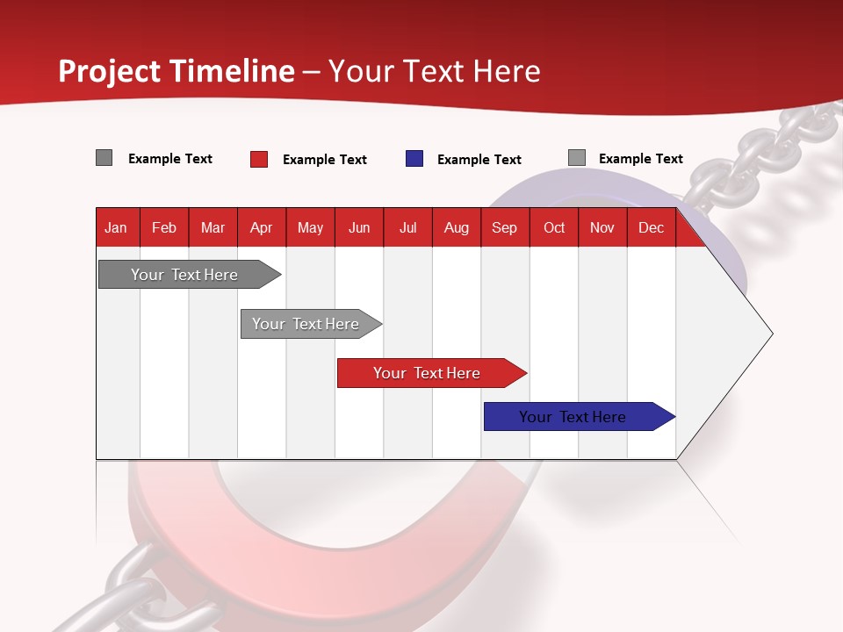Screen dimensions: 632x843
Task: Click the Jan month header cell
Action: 117,227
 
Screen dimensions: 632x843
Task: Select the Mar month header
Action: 213,227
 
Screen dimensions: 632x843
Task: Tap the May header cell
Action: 310,227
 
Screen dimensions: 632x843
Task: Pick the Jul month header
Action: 407,227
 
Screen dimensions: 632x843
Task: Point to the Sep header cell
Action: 504,227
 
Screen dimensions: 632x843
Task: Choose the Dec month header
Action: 651,227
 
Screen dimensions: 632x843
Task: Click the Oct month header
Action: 554,227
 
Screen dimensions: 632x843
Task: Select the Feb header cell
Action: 164,227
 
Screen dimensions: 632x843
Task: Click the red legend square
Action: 259,159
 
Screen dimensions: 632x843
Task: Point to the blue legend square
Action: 414,159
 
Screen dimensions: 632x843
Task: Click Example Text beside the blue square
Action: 479,160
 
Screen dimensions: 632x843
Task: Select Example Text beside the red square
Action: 324,160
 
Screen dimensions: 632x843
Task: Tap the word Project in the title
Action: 109,71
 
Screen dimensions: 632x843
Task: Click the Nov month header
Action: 602,227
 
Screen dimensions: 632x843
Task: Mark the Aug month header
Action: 456,227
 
